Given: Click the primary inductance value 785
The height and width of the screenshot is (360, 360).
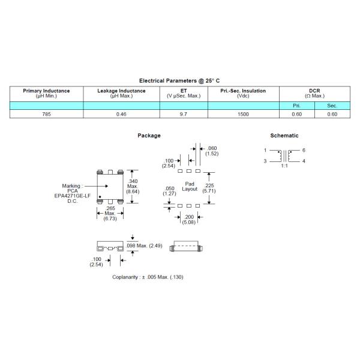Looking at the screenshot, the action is tap(46, 114).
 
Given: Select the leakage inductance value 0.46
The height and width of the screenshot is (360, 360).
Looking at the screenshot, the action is tap(121, 114).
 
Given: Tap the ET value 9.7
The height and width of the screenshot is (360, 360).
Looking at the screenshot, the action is tap(184, 114).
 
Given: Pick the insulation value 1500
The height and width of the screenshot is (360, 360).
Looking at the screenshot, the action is tap(243, 114).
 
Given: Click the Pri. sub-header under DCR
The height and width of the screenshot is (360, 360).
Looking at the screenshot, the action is tap(296, 106).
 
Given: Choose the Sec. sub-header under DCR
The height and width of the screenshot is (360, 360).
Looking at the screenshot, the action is tap(332, 106).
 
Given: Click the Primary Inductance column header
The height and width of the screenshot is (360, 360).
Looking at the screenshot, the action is tap(46, 93).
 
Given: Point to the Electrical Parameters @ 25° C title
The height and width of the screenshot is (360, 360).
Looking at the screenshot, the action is tap(179, 81).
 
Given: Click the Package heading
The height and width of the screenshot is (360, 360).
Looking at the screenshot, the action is tap(149, 136).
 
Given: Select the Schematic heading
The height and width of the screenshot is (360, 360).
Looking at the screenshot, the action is tap(284, 136).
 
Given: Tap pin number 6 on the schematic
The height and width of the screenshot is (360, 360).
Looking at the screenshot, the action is tap(304, 150).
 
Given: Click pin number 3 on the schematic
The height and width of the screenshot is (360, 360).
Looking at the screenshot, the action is tap(265, 161).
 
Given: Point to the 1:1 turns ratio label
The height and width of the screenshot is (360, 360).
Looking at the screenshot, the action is tap(284, 166).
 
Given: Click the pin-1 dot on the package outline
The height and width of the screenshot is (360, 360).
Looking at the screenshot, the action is tap(100, 197).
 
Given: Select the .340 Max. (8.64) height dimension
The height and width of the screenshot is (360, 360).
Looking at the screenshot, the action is tap(133, 186).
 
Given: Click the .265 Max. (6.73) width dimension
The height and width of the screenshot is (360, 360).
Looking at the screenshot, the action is tap(110, 213).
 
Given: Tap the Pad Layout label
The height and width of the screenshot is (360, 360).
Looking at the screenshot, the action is tap(190, 187).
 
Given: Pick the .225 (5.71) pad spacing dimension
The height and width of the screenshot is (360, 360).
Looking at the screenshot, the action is tap(209, 188).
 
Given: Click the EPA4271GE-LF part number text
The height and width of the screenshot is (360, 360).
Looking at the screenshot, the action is tap(73, 196).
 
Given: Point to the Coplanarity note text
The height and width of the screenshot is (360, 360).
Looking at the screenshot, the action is tap(148, 277).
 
